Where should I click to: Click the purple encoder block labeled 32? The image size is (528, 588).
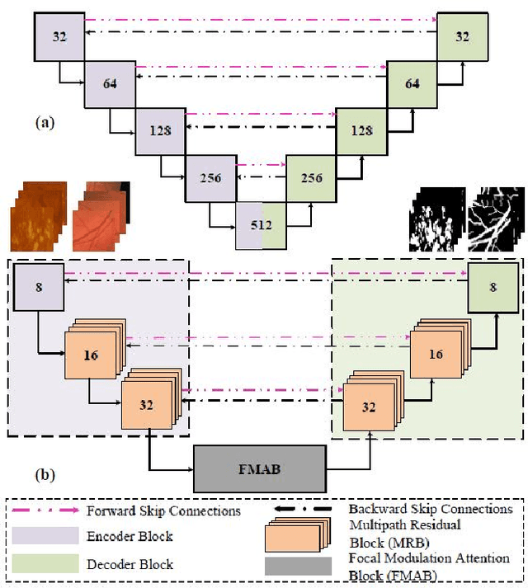pos(59,37)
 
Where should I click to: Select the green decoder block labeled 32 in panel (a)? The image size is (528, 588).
pos(463,37)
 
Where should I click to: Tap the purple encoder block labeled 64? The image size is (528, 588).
pos(110,84)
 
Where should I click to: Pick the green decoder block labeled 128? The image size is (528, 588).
pos(361,130)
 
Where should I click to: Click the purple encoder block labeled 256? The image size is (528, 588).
pos(210,177)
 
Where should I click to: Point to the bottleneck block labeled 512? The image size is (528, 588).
pos(262,223)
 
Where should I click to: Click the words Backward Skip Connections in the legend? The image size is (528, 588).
pos(430,510)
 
